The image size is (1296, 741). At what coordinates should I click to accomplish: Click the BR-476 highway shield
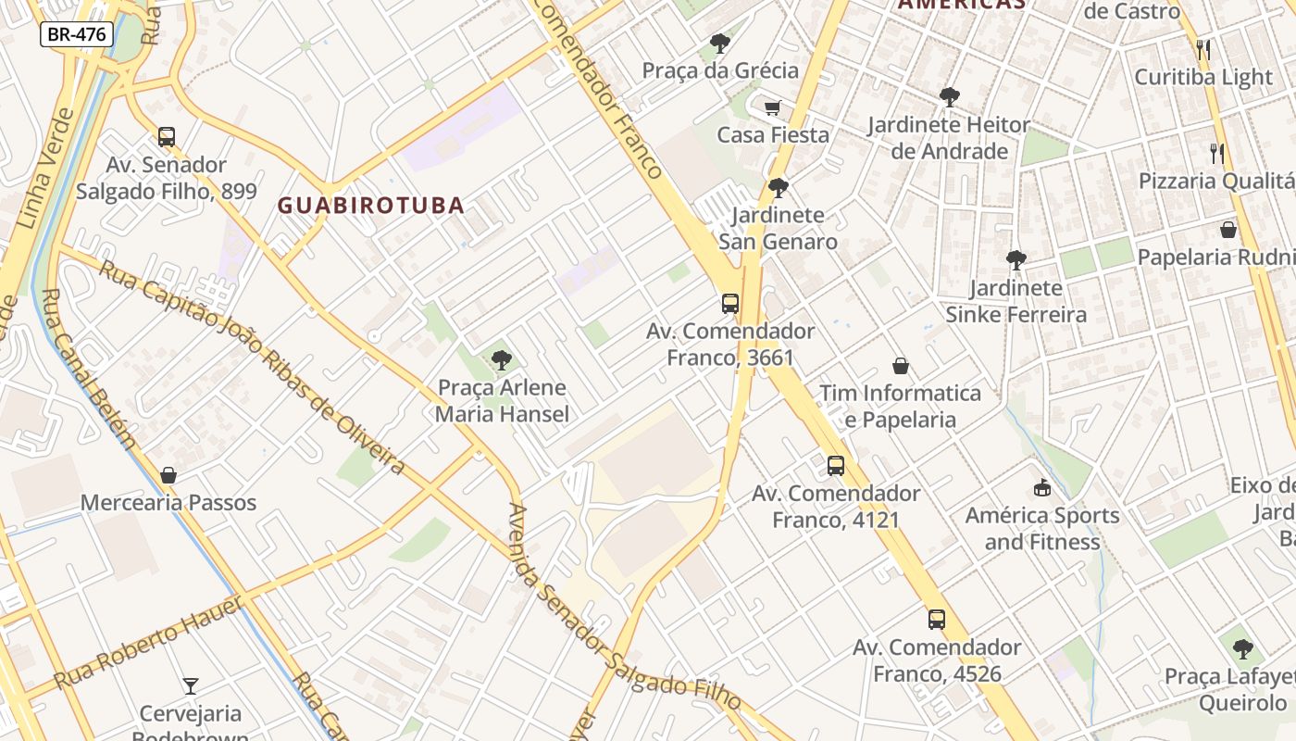(x=77, y=35)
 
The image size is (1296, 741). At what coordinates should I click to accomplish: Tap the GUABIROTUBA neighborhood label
(x=371, y=206)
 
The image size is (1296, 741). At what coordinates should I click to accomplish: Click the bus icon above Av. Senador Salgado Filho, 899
(x=167, y=137)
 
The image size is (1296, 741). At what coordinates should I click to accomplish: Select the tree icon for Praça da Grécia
(x=719, y=43)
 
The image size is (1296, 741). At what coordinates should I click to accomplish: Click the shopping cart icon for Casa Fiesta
(x=773, y=107)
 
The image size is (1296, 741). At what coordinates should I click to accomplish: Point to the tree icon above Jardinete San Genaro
(x=779, y=188)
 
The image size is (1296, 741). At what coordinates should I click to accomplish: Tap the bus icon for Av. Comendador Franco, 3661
(x=730, y=303)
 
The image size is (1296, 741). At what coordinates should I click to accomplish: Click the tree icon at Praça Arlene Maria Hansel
(x=502, y=359)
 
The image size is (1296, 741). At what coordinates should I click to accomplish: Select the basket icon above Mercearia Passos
(x=168, y=475)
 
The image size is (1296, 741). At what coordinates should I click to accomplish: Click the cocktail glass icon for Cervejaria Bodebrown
(x=191, y=686)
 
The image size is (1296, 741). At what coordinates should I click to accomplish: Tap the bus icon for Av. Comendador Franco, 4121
(x=836, y=465)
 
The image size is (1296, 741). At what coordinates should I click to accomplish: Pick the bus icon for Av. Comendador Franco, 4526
(x=937, y=619)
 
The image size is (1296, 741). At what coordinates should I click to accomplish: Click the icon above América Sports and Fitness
(x=1042, y=487)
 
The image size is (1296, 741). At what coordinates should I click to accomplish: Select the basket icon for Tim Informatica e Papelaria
(x=901, y=366)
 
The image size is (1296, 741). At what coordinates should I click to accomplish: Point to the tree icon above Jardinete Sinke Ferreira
(x=1016, y=260)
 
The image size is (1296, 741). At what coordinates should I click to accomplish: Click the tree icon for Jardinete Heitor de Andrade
(x=949, y=96)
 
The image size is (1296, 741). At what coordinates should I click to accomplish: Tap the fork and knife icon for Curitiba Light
(x=1203, y=50)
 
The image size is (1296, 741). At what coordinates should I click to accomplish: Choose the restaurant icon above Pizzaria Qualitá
(x=1217, y=153)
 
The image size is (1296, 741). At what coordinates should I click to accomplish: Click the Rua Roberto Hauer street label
(x=148, y=644)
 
